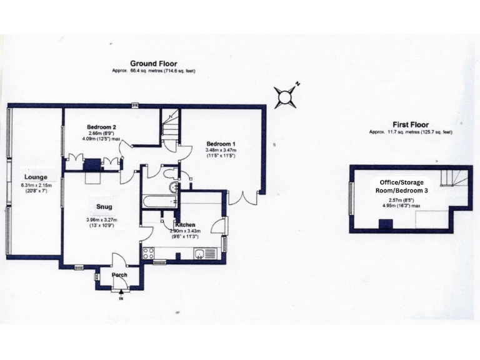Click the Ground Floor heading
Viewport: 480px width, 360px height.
point(153,64)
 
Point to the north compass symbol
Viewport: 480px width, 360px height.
point(287,96)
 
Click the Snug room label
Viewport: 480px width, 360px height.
point(104,207)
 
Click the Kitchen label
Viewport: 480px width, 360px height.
point(186,224)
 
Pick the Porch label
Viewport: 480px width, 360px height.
point(119,275)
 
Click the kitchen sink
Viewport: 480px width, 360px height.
point(198,253)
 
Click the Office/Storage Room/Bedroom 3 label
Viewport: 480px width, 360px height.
point(407,186)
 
